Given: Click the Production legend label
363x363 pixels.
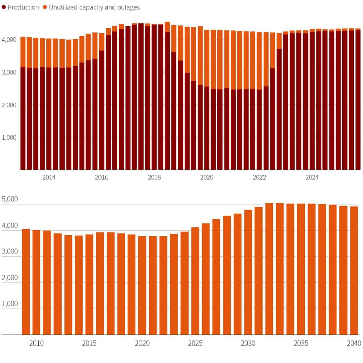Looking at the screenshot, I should pos(23,7).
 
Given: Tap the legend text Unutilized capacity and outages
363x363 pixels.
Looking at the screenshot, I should pos(94,7).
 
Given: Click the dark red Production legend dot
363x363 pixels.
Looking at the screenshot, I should pos(4,7).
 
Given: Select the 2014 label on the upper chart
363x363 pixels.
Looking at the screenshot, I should pos(49,178).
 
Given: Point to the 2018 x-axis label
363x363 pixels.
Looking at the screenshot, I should pos(154,178).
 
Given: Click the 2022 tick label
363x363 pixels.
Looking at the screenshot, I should pos(259,178).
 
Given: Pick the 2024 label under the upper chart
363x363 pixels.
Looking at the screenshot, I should pos(312,178).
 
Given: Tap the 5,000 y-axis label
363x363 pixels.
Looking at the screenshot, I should pos(10,199).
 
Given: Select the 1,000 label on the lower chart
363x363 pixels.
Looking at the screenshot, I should pos(10,304).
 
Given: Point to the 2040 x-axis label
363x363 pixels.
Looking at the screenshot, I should pos(354,344).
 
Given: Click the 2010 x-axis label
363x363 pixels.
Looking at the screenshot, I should pos(36,344).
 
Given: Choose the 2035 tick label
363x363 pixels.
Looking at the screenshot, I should pos(301,344).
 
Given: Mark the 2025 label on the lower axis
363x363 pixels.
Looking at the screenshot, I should pos(195,344).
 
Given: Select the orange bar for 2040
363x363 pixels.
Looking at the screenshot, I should pos(354,271).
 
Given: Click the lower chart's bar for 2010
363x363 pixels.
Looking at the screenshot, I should pos(36,282).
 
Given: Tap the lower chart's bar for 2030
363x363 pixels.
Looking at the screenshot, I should pos(248,272).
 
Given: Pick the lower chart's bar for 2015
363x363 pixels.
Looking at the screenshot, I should pos(89,284).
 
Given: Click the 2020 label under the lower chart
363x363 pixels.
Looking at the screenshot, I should pos(142,344).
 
